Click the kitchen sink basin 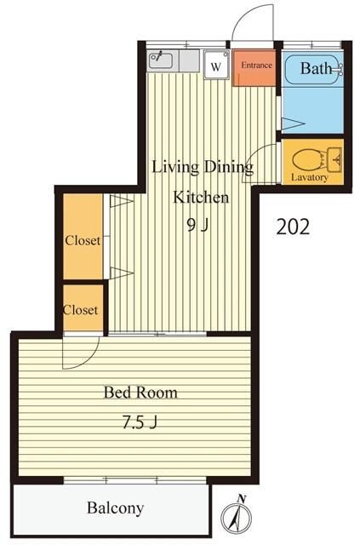[161, 60]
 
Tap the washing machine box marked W [216, 65]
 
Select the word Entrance [256, 65]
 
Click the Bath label [316, 68]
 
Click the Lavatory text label [309, 177]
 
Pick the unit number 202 [293, 227]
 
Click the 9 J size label [197, 226]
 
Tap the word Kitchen [201, 197]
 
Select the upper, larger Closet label [83, 240]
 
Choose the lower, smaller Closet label [81, 310]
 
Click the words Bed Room [140, 393]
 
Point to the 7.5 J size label [140, 422]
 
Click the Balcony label [116, 508]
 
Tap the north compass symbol [237, 517]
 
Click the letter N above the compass [242, 498]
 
